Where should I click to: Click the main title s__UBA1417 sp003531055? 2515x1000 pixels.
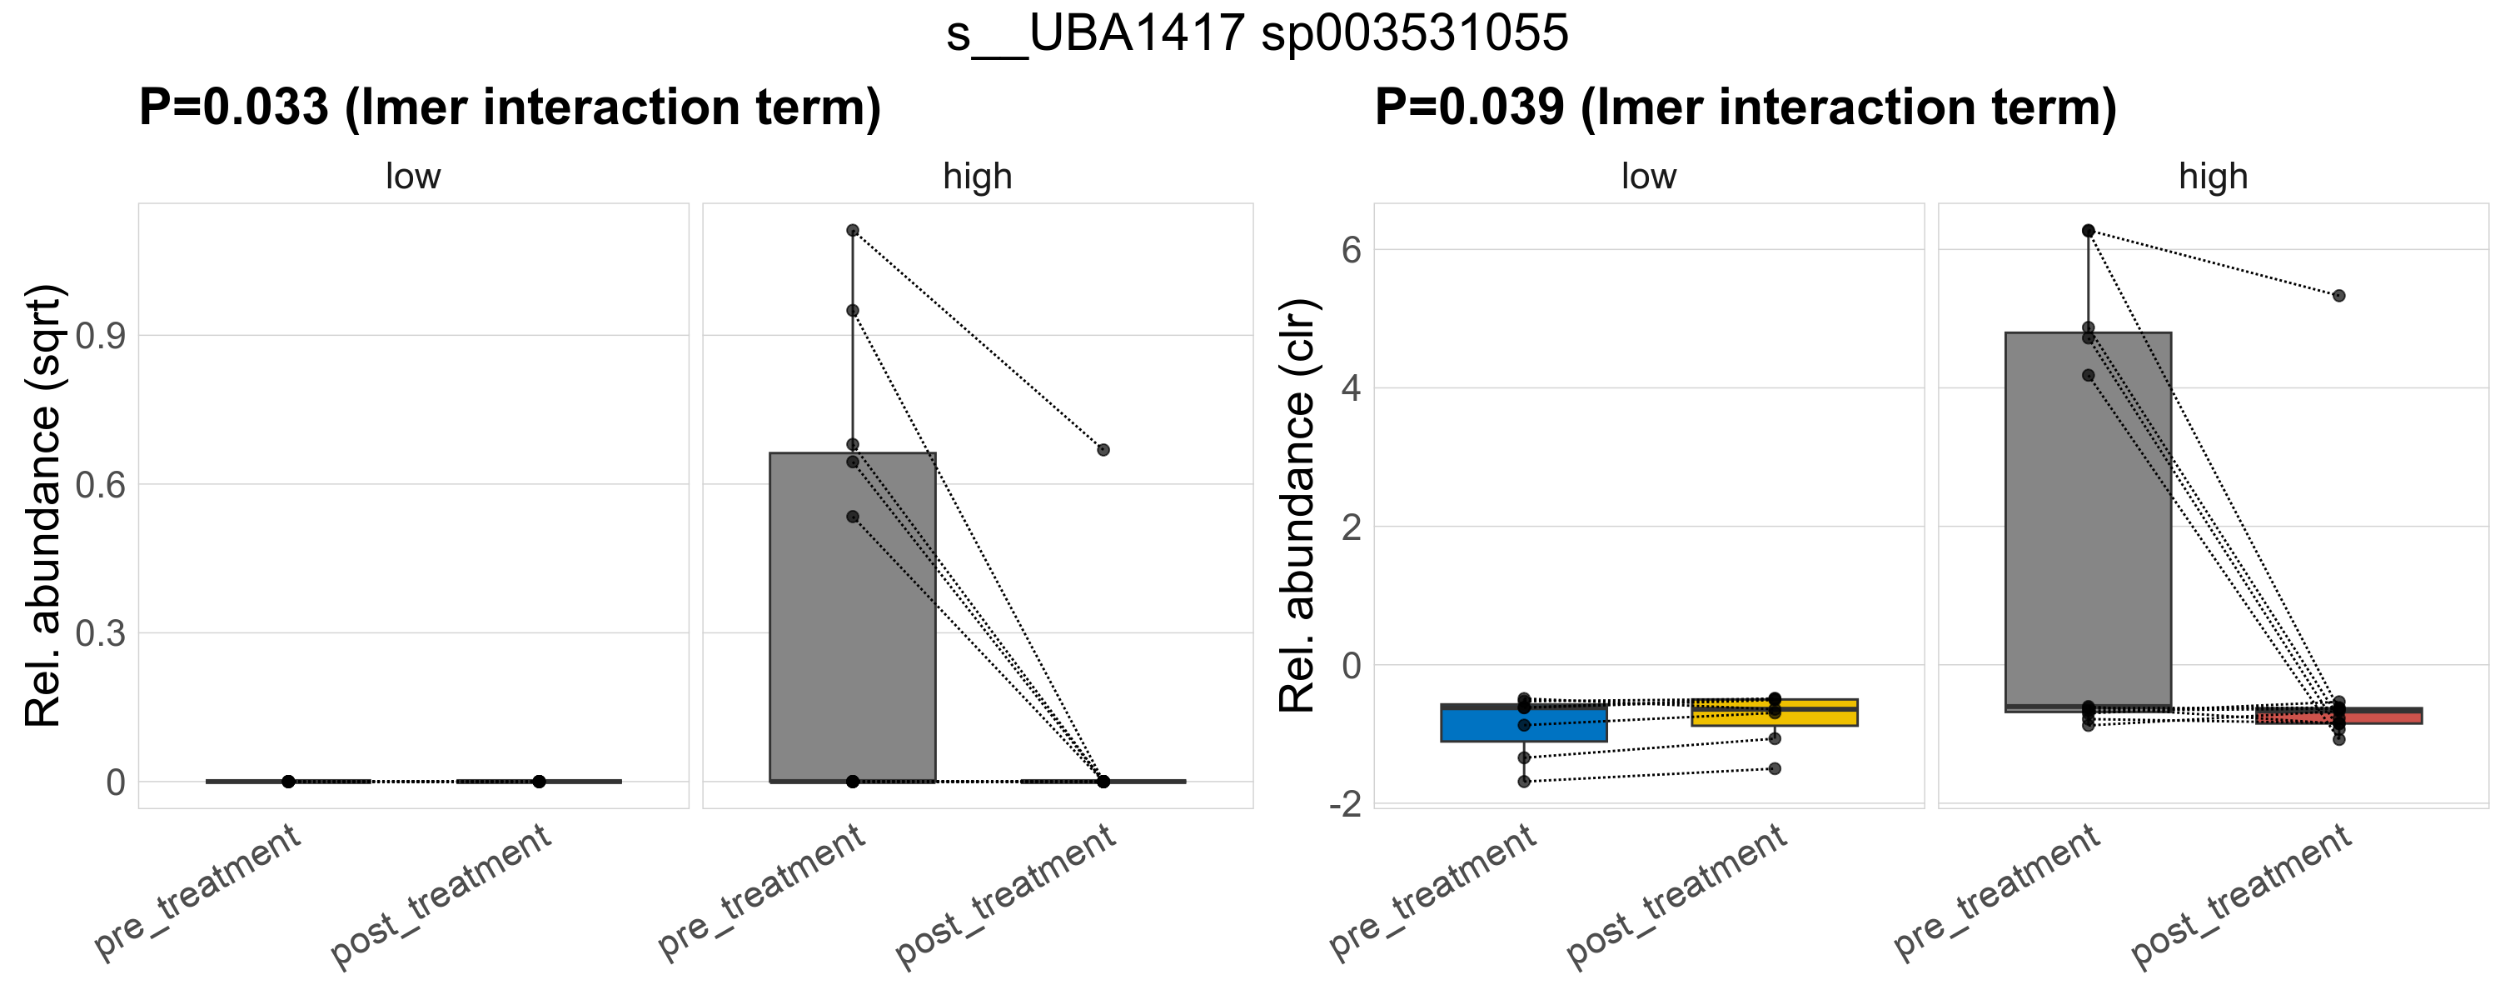click(1257, 34)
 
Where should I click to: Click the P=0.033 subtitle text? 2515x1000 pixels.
click(510, 107)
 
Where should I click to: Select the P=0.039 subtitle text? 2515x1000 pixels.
click(1746, 107)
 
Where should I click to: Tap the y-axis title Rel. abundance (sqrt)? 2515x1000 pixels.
click(44, 505)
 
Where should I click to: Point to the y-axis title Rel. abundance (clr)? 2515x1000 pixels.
click(1298, 505)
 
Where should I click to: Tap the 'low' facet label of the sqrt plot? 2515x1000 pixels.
click(413, 177)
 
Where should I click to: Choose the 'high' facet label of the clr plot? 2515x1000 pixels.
click(2214, 177)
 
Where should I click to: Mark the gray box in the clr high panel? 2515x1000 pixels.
click(2089, 517)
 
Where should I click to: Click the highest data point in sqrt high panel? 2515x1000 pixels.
click(852, 231)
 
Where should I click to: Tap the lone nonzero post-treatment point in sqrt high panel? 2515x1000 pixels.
click(1103, 450)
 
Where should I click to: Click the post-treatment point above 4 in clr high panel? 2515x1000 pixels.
click(2339, 296)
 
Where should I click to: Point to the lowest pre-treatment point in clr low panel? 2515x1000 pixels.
click(1524, 782)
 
